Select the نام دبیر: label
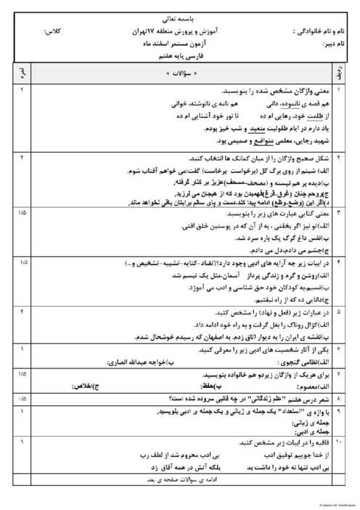pyautogui.click(x=335, y=44)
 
